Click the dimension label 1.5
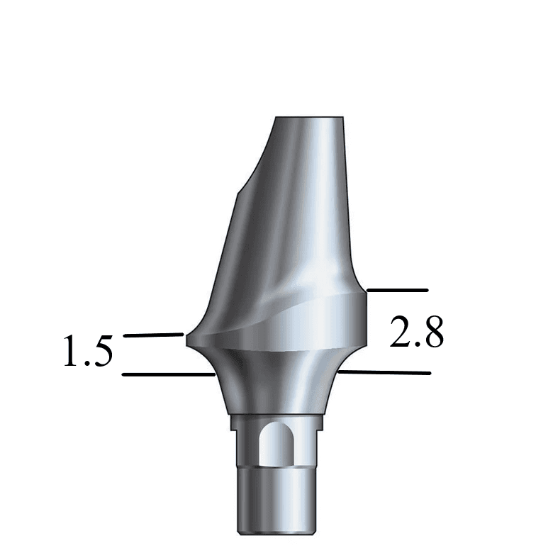[88, 353]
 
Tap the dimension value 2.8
[417, 332]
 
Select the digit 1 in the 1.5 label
[72, 352]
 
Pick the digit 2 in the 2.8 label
[401, 332]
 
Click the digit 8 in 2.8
[432, 332]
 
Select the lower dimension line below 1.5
[167, 373]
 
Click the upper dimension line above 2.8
[397, 290]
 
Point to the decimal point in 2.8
[418, 345]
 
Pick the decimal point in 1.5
[87, 364]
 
